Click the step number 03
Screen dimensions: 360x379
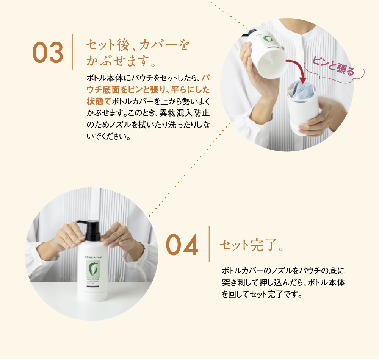48,53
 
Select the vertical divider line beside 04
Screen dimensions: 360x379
209,244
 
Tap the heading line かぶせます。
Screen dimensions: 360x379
121,61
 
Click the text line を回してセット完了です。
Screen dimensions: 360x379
262,294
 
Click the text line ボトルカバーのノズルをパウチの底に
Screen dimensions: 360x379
282,271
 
